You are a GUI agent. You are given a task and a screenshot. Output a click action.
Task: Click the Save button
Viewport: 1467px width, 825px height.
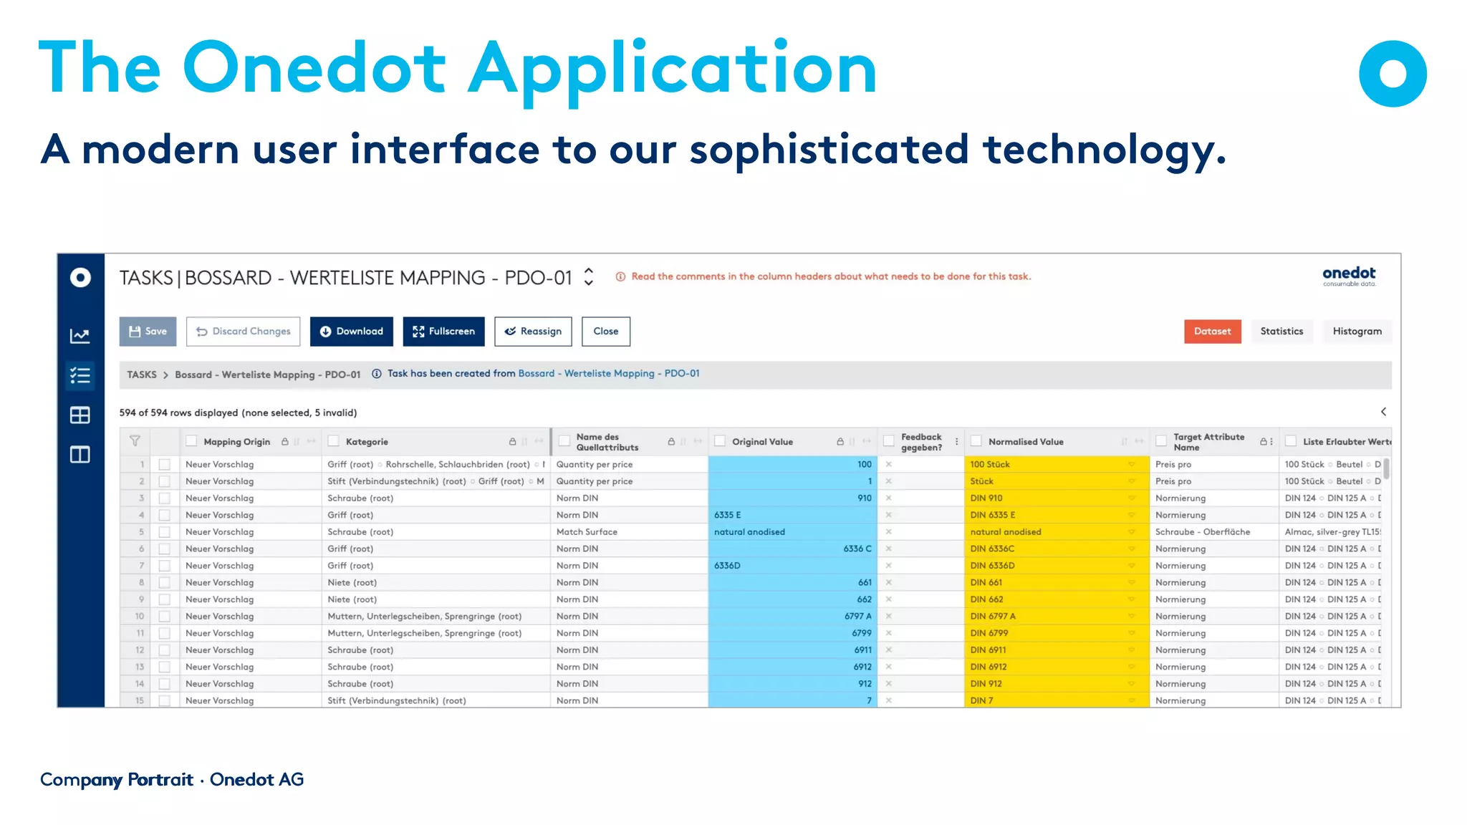coord(148,332)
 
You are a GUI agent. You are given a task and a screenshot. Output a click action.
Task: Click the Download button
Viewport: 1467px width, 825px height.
coord(351,332)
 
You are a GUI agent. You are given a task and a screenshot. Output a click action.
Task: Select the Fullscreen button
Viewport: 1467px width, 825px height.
coord(443,332)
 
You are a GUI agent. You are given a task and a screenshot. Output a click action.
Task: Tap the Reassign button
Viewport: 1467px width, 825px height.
coord(533,332)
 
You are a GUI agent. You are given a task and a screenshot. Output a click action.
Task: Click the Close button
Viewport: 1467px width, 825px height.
coord(605,332)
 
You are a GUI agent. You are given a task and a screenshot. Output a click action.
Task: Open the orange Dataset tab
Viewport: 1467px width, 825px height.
coord(1212,332)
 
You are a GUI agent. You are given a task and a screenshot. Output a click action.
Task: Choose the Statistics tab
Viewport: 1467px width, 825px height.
coord(1281,332)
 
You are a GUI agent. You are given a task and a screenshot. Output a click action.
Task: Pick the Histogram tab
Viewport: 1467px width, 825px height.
coord(1357,332)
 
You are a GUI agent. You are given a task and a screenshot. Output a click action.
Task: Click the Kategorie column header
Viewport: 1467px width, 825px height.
coord(367,442)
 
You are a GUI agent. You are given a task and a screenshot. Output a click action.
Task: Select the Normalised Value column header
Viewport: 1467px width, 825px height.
coord(1026,442)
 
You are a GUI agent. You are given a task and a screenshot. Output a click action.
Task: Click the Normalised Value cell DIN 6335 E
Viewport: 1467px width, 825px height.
coord(993,515)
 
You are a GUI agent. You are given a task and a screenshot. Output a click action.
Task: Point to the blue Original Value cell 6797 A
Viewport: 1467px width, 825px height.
coord(857,616)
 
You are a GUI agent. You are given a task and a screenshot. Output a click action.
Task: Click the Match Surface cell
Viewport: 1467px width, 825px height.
coord(587,532)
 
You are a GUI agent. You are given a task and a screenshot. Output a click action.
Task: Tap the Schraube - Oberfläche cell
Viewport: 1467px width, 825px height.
coord(1202,532)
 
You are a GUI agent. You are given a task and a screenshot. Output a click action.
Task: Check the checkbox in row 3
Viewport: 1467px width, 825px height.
coord(165,498)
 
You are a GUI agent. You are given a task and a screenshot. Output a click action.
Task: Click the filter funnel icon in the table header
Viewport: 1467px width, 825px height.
coord(135,441)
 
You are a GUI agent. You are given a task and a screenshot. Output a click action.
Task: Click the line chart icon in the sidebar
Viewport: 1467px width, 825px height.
coord(80,336)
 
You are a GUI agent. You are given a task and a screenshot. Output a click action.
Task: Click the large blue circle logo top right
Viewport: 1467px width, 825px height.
coord(1393,74)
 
